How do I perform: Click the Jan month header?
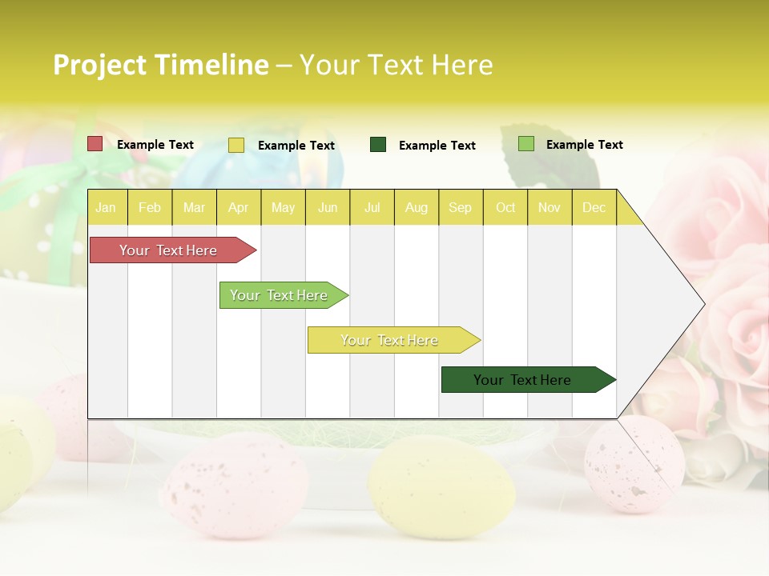tap(106, 208)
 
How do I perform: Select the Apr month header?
tap(238, 208)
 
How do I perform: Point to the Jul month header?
tap(372, 208)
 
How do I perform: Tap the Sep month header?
tap(460, 208)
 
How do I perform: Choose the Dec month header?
tap(594, 208)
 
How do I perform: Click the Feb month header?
tap(150, 208)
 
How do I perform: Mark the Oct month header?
tap(505, 208)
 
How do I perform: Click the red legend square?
tap(95, 144)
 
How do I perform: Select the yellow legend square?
tap(236, 145)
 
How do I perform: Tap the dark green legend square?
tap(378, 145)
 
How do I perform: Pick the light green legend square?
tap(525, 144)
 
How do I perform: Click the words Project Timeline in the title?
tap(161, 65)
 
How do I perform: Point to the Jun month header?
tap(328, 208)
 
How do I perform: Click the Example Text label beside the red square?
tap(155, 145)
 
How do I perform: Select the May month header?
tap(283, 208)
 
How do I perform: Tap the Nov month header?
tap(550, 208)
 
